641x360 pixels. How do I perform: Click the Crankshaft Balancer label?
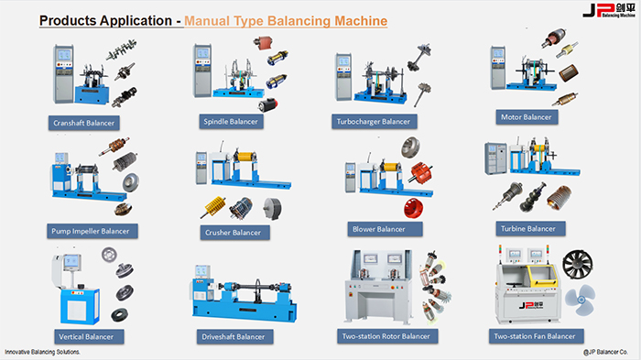[84, 123]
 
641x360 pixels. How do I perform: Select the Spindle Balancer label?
[231, 122]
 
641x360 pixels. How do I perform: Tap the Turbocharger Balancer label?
[374, 122]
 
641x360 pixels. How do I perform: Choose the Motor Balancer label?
[527, 117]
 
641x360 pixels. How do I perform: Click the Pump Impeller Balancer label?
[92, 231]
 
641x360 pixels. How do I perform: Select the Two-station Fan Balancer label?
[536, 336]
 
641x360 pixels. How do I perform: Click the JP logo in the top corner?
[609, 10]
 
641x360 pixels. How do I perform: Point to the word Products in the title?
[68, 20]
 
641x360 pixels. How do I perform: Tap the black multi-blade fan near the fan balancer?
[577, 264]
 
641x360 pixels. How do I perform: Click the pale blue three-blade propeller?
[581, 300]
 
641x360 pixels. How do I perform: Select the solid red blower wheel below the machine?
[414, 207]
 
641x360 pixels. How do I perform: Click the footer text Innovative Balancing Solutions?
[42, 352]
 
